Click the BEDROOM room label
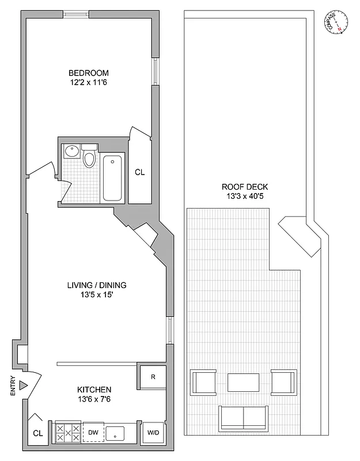(x=88, y=73)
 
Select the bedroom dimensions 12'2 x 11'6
(x=88, y=83)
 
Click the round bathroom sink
(x=72, y=152)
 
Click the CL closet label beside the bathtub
(x=139, y=172)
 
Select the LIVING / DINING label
(x=96, y=285)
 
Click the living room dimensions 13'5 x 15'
(x=96, y=295)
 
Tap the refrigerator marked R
(x=153, y=377)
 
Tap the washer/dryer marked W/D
(x=153, y=432)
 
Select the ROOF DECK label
(x=245, y=187)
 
